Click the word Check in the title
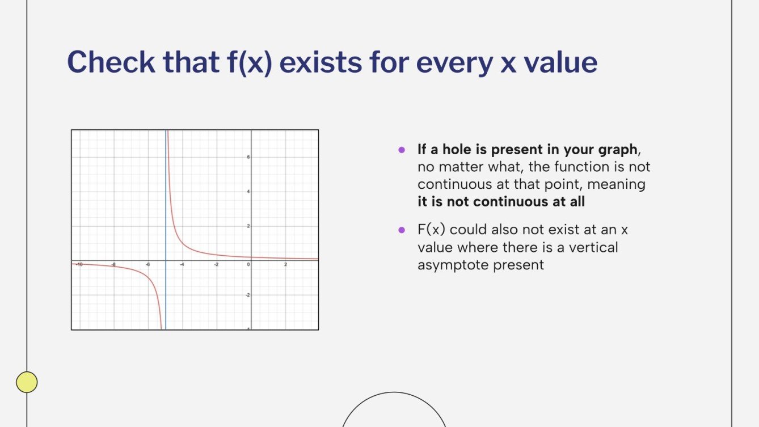pyautogui.click(x=110, y=62)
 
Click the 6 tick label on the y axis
pyautogui.click(x=248, y=157)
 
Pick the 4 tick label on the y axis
pyautogui.click(x=248, y=192)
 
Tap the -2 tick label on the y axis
pyautogui.click(x=247, y=295)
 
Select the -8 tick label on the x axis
pyautogui.click(x=113, y=265)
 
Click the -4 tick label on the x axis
pyautogui.click(x=182, y=265)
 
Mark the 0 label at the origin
pyautogui.click(x=248, y=265)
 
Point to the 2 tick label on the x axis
pyautogui.click(x=285, y=265)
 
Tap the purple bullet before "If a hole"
pyautogui.click(x=402, y=150)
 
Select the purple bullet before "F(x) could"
pyautogui.click(x=402, y=230)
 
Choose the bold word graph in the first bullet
pyautogui.click(x=618, y=150)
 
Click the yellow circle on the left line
pyautogui.click(x=27, y=382)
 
